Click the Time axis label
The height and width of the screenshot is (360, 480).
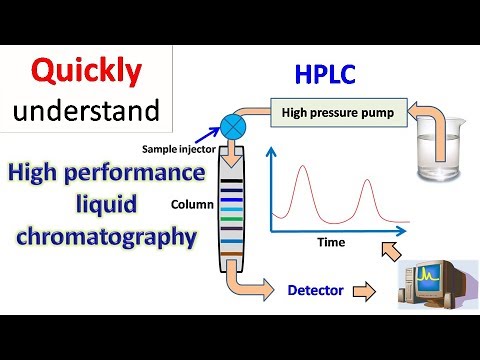[330, 243]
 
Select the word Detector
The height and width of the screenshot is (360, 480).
[316, 291]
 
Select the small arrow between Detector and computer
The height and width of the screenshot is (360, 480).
[367, 292]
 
